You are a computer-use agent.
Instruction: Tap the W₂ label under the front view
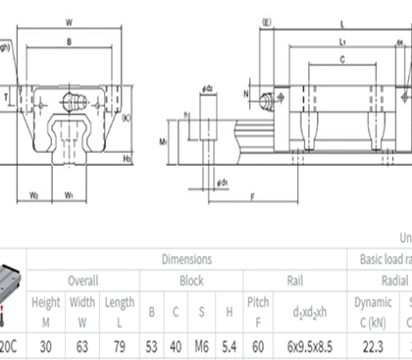(x=33, y=194)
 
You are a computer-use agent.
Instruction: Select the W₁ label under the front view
(x=70, y=194)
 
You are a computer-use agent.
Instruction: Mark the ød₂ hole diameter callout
(x=208, y=88)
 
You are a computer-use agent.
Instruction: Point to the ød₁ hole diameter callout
(x=223, y=182)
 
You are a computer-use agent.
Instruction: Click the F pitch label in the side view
(x=253, y=196)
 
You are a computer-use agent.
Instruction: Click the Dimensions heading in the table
(x=186, y=259)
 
